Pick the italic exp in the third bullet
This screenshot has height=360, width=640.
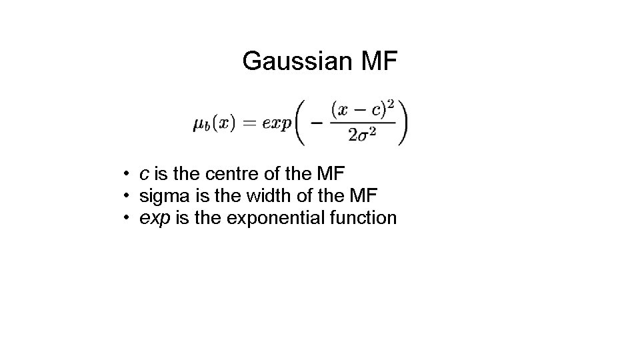[155, 219]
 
